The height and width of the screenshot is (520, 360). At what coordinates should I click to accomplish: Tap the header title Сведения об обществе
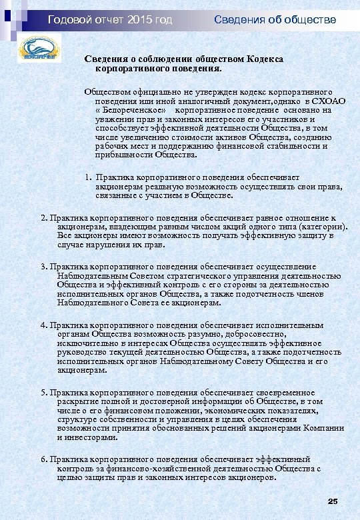pos(275,20)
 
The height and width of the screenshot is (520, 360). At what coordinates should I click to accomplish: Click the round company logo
pos(39,51)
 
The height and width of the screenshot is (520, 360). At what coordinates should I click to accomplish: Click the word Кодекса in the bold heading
pos(266,59)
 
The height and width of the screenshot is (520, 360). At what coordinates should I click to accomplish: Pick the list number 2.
pos(43,217)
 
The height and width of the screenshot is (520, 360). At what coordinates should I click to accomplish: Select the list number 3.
pos(43,267)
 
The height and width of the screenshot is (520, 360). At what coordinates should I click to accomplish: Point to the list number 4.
pos(43,325)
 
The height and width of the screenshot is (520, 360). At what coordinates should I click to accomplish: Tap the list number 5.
pos(43,393)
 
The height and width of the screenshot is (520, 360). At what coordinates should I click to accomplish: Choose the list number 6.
pos(43,460)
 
